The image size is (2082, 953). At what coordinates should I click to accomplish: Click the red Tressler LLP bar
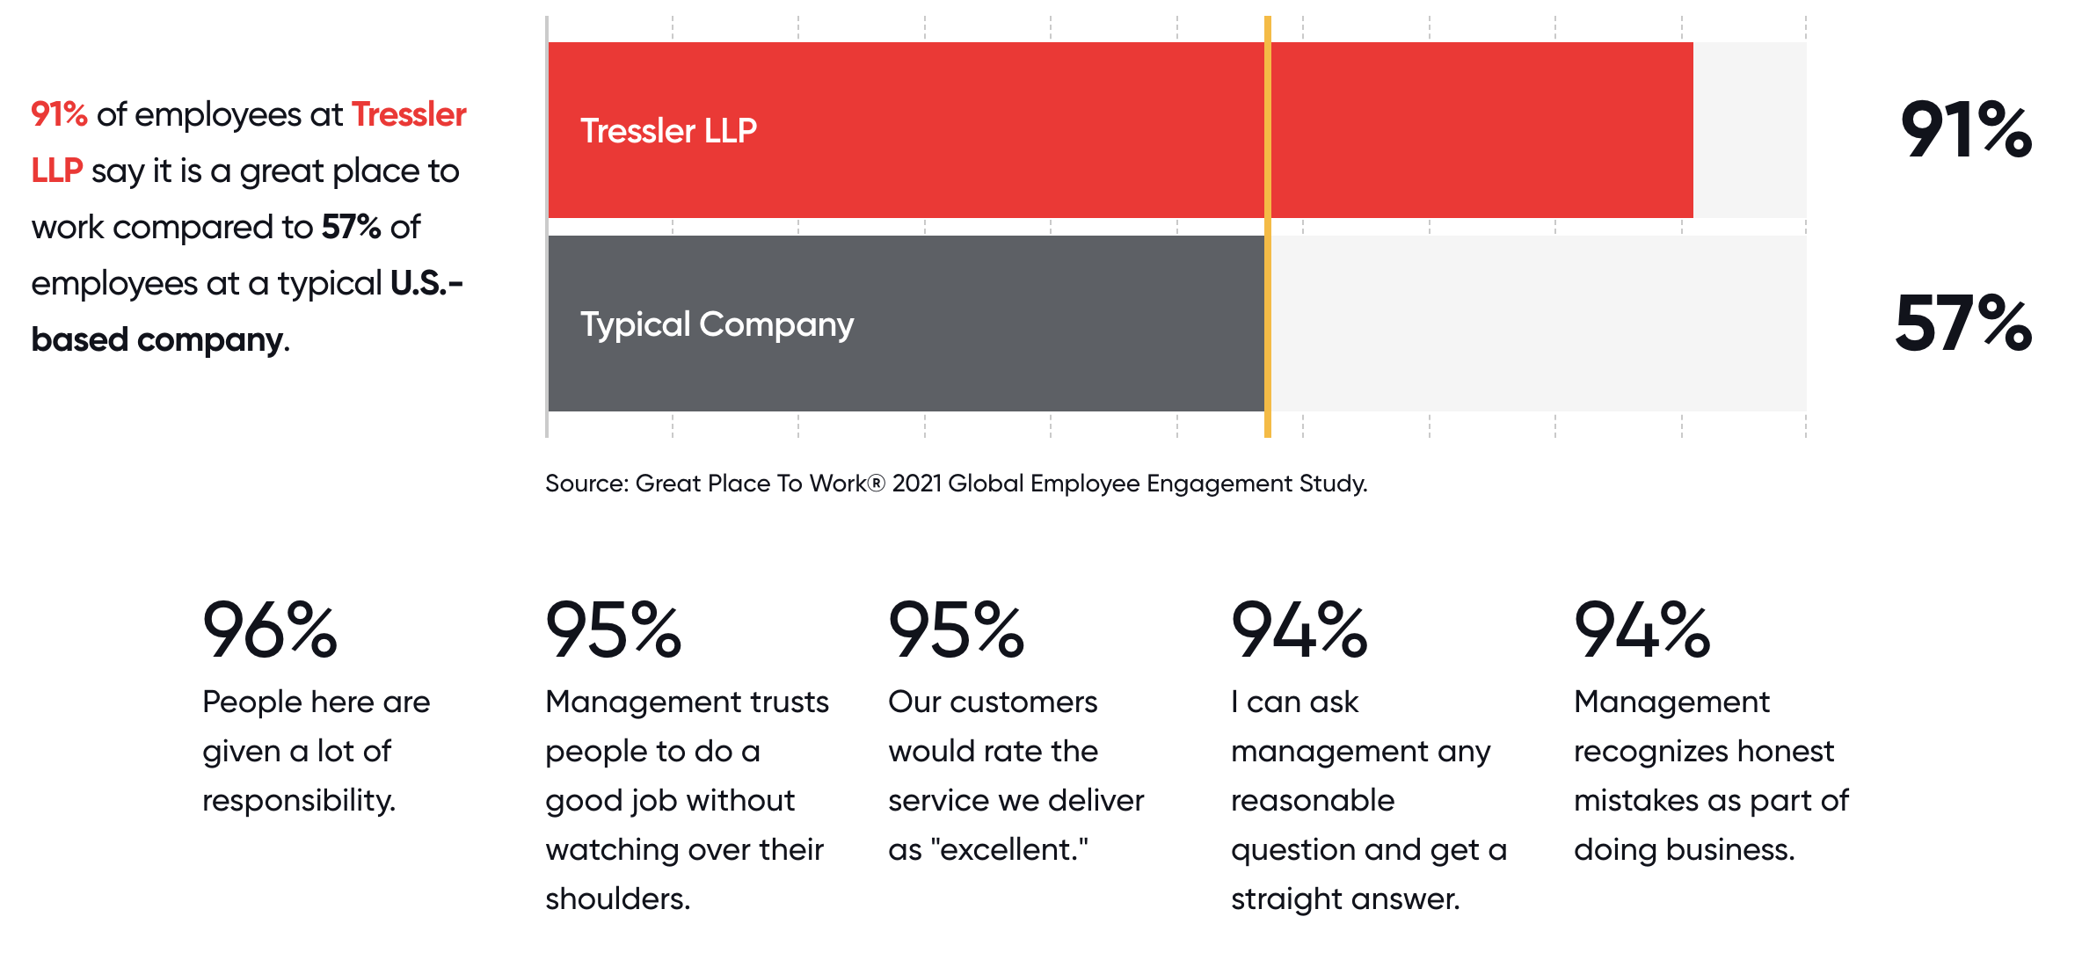click(x=1120, y=130)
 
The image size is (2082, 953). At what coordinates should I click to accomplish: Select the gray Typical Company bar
click(x=906, y=324)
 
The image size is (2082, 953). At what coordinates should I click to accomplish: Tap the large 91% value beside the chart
click(x=1966, y=130)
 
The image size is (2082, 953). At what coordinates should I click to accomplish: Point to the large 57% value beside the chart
click(x=1963, y=324)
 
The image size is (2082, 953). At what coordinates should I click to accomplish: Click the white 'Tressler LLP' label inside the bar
click(x=668, y=131)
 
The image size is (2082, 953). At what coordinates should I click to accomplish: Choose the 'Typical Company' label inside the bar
click(x=717, y=325)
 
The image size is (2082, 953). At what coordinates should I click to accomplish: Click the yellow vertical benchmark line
click(x=1268, y=227)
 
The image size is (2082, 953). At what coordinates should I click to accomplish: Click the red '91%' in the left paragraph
click(x=59, y=114)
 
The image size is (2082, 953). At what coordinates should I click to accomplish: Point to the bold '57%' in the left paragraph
click(x=351, y=227)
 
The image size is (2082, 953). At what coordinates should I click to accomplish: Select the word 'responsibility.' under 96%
click(x=299, y=801)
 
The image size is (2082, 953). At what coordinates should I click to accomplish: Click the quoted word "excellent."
click(x=1009, y=849)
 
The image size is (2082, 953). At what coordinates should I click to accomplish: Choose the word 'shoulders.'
click(x=617, y=898)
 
